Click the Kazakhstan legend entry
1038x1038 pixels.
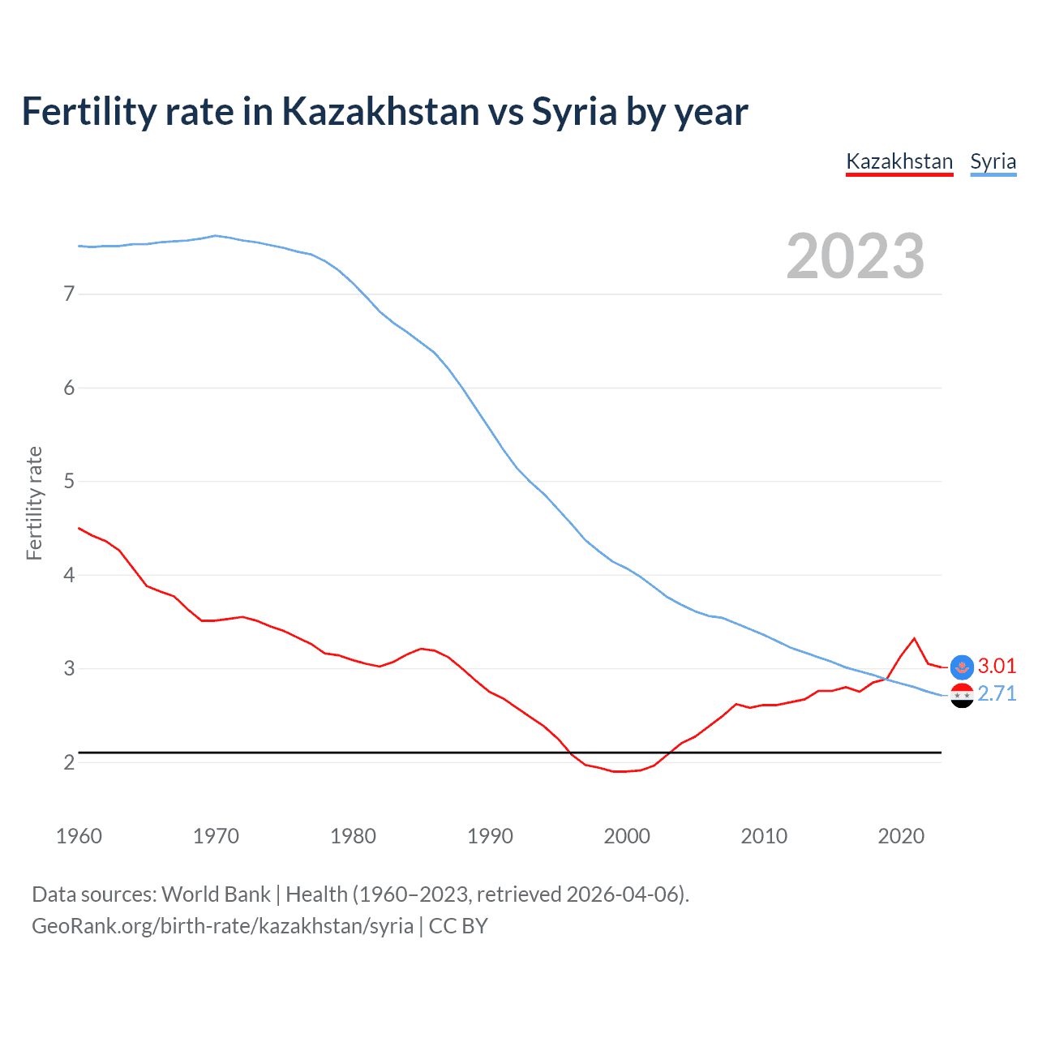pyautogui.click(x=899, y=161)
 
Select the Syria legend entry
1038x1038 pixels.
pyautogui.click(x=993, y=161)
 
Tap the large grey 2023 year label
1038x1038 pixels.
pyautogui.click(x=855, y=256)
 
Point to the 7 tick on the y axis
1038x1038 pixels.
pyautogui.click(x=69, y=294)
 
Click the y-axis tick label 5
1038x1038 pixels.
pyautogui.click(x=69, y=481)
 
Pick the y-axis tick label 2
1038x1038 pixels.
pyautogui.click(x=69, y=762)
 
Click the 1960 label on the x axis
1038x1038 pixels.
pyautogui.click(x=79, y=836)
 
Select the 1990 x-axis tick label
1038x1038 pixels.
pyautogui.click(x=490, y=836)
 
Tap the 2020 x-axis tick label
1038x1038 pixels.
pyautogui.click(x=901, y=836)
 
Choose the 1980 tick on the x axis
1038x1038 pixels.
pyautogui.click(x=353, y=836)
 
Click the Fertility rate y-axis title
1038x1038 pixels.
pyautogui.click(x=34, y=503)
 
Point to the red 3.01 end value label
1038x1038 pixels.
pyautogui.click(x=997, y=666)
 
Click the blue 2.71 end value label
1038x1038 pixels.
pyautogui.click(x=997, y=694)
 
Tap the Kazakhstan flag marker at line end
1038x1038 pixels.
pyautogui.click(x=962, y=667)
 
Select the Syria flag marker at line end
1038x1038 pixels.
pyautogui.click(x=962, y=695)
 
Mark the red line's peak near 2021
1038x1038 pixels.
pyautogui.click(x=914, y=638)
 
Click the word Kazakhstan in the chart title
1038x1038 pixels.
pyautogui.click(x=381, y=111)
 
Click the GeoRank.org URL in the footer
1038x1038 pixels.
pyautogui.click(x=222, y=926)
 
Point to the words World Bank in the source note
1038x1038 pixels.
pyautogui.click(x=216, y=894)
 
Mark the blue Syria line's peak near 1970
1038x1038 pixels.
pyautogui.click(x=215, y=236)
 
